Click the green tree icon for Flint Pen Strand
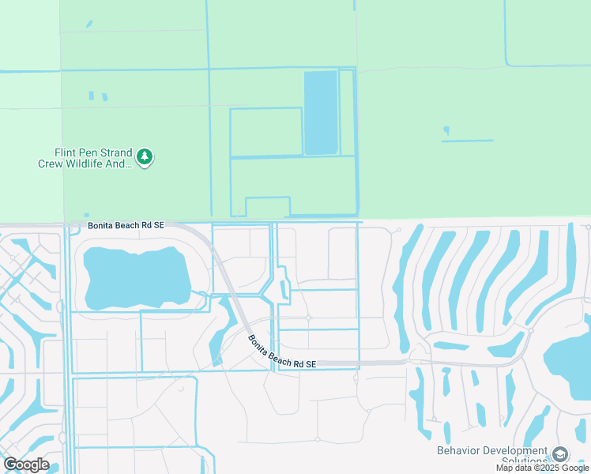click(144, 156)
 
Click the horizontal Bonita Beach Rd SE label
click(126, 225)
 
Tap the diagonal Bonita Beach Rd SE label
click(281, 352)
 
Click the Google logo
click(25, 465)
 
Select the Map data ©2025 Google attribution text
click(542, 468)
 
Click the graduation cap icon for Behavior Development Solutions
click(560, 454)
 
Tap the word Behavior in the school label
click(458, 451)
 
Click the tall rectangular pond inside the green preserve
click(321, 112)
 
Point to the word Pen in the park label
click(88, 153)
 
